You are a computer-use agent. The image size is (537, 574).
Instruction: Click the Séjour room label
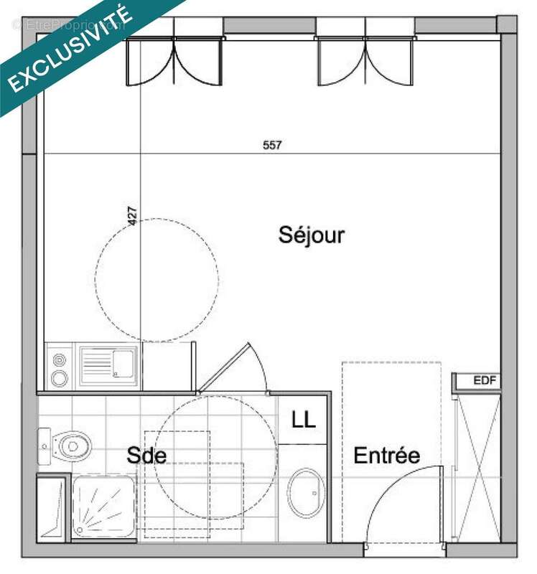(x=312, y=235)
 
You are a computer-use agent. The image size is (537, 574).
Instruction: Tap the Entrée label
(x=386, y=456)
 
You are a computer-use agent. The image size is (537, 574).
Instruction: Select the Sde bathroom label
(x=147, y=456)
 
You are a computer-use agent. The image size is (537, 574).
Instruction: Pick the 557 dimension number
(x=272, y=145)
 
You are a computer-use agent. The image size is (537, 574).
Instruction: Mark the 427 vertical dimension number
(x=132, y=217)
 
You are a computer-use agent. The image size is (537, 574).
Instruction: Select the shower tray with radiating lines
(x=103, y=507)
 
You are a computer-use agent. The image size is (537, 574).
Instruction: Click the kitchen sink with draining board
(x=108, y=364)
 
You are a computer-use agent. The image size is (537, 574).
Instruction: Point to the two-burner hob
(x=60, y=365)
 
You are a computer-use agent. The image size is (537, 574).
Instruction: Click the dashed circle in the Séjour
(x=156, y=280)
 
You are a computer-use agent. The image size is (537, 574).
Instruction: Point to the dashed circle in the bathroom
(x=215, y=452)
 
